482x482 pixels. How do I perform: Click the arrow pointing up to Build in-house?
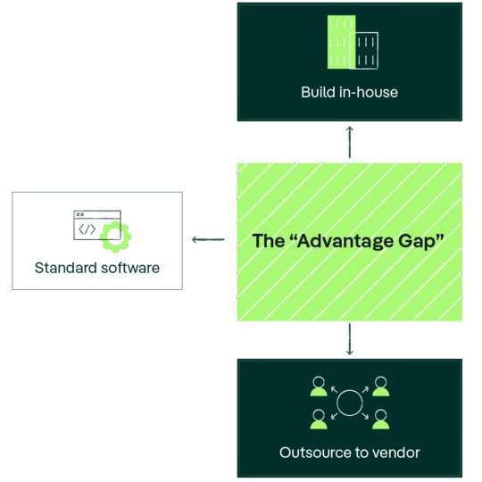(350, 142)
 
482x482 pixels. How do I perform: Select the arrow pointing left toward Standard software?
(208, 239)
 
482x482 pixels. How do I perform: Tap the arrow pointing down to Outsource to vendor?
(350, 339)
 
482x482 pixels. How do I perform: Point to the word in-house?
(369, 92)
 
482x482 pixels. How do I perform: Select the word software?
(130, 268)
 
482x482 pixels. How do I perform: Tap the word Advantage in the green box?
(345, 241)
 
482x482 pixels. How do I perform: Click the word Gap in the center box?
(417, 242)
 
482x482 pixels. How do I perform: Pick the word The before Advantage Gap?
(268, 241)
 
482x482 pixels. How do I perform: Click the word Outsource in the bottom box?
(315, 453)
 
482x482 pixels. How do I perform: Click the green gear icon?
(115, 237)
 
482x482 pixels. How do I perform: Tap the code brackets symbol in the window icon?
(87, 229)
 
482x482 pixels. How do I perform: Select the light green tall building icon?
(342, 42)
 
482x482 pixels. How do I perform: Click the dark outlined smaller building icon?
(364, 51)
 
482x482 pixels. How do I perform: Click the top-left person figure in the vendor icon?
(319, 386)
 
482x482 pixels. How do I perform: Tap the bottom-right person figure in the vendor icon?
(381, 420)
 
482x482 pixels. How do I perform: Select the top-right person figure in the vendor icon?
(381, 386)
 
